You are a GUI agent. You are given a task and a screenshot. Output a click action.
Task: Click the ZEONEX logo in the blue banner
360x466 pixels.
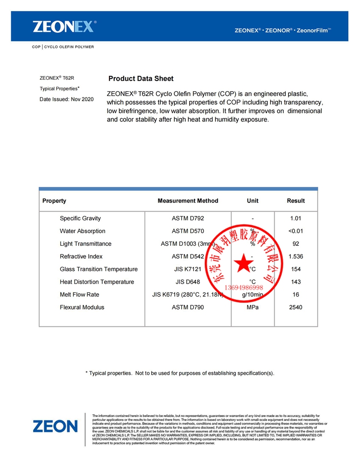pyautogui.click(x=64, y=26)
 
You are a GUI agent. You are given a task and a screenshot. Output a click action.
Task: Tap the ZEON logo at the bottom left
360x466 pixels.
pyautogui.click(x=55, y=426)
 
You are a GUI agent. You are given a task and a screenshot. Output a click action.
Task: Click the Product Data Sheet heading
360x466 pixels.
pyautogui.click(x=141, y=79)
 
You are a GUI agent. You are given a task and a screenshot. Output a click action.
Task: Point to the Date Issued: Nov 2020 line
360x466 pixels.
pyautogui.click(x=66, y=99)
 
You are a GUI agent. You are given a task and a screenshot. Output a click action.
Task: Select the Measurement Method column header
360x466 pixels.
pyautogui.click(x=188, y=201)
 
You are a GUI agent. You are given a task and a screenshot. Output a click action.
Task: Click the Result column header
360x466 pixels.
pyautogui.click(x=296, y=201)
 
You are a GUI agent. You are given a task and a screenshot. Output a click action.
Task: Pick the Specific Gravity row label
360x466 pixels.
pyautogui.click(x=80, y=218)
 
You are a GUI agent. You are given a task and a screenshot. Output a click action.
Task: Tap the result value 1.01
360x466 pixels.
pyautogui.click(x=296, y=218)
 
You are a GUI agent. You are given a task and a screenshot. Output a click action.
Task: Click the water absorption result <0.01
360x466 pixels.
pyautogui.click(x=296, y=231)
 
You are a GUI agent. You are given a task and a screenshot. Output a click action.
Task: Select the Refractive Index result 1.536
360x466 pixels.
pyautogui.click(x=296, y=256)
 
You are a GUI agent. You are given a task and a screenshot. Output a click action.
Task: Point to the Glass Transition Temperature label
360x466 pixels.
pyautogui.click(x=98, y=269)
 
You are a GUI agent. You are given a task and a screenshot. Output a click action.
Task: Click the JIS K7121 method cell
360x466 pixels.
pyautogui.click(x=188, y=269)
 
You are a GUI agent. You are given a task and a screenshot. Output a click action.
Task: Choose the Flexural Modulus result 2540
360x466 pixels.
pyautogui.click(x=296, y=307)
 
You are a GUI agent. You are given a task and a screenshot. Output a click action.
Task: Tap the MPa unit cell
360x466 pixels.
pyautogui.click(x=252, y=307)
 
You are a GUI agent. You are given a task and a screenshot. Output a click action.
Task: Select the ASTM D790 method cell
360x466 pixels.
pyautogui.click(x=188, y=307)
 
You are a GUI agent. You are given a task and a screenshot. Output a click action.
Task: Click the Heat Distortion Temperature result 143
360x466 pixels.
pyautogui.click(x=296, y=282)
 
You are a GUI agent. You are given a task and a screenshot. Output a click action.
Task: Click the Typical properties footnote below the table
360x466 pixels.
pyautogui.click(x=180, y=373)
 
